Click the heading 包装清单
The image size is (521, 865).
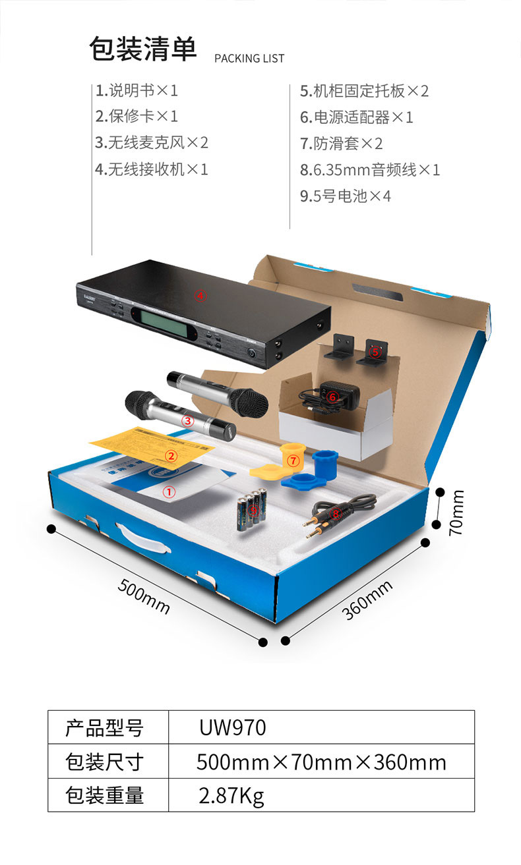(143, 50)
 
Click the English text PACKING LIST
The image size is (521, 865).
(249, 59)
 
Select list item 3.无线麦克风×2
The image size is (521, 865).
(152, 142)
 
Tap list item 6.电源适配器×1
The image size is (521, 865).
(357, 117)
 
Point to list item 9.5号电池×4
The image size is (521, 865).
(346, 196)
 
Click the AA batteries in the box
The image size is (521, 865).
(251, 509)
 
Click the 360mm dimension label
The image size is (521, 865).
(367, 600)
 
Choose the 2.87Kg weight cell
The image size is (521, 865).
(231, 796)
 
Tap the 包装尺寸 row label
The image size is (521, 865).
(105, 762)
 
